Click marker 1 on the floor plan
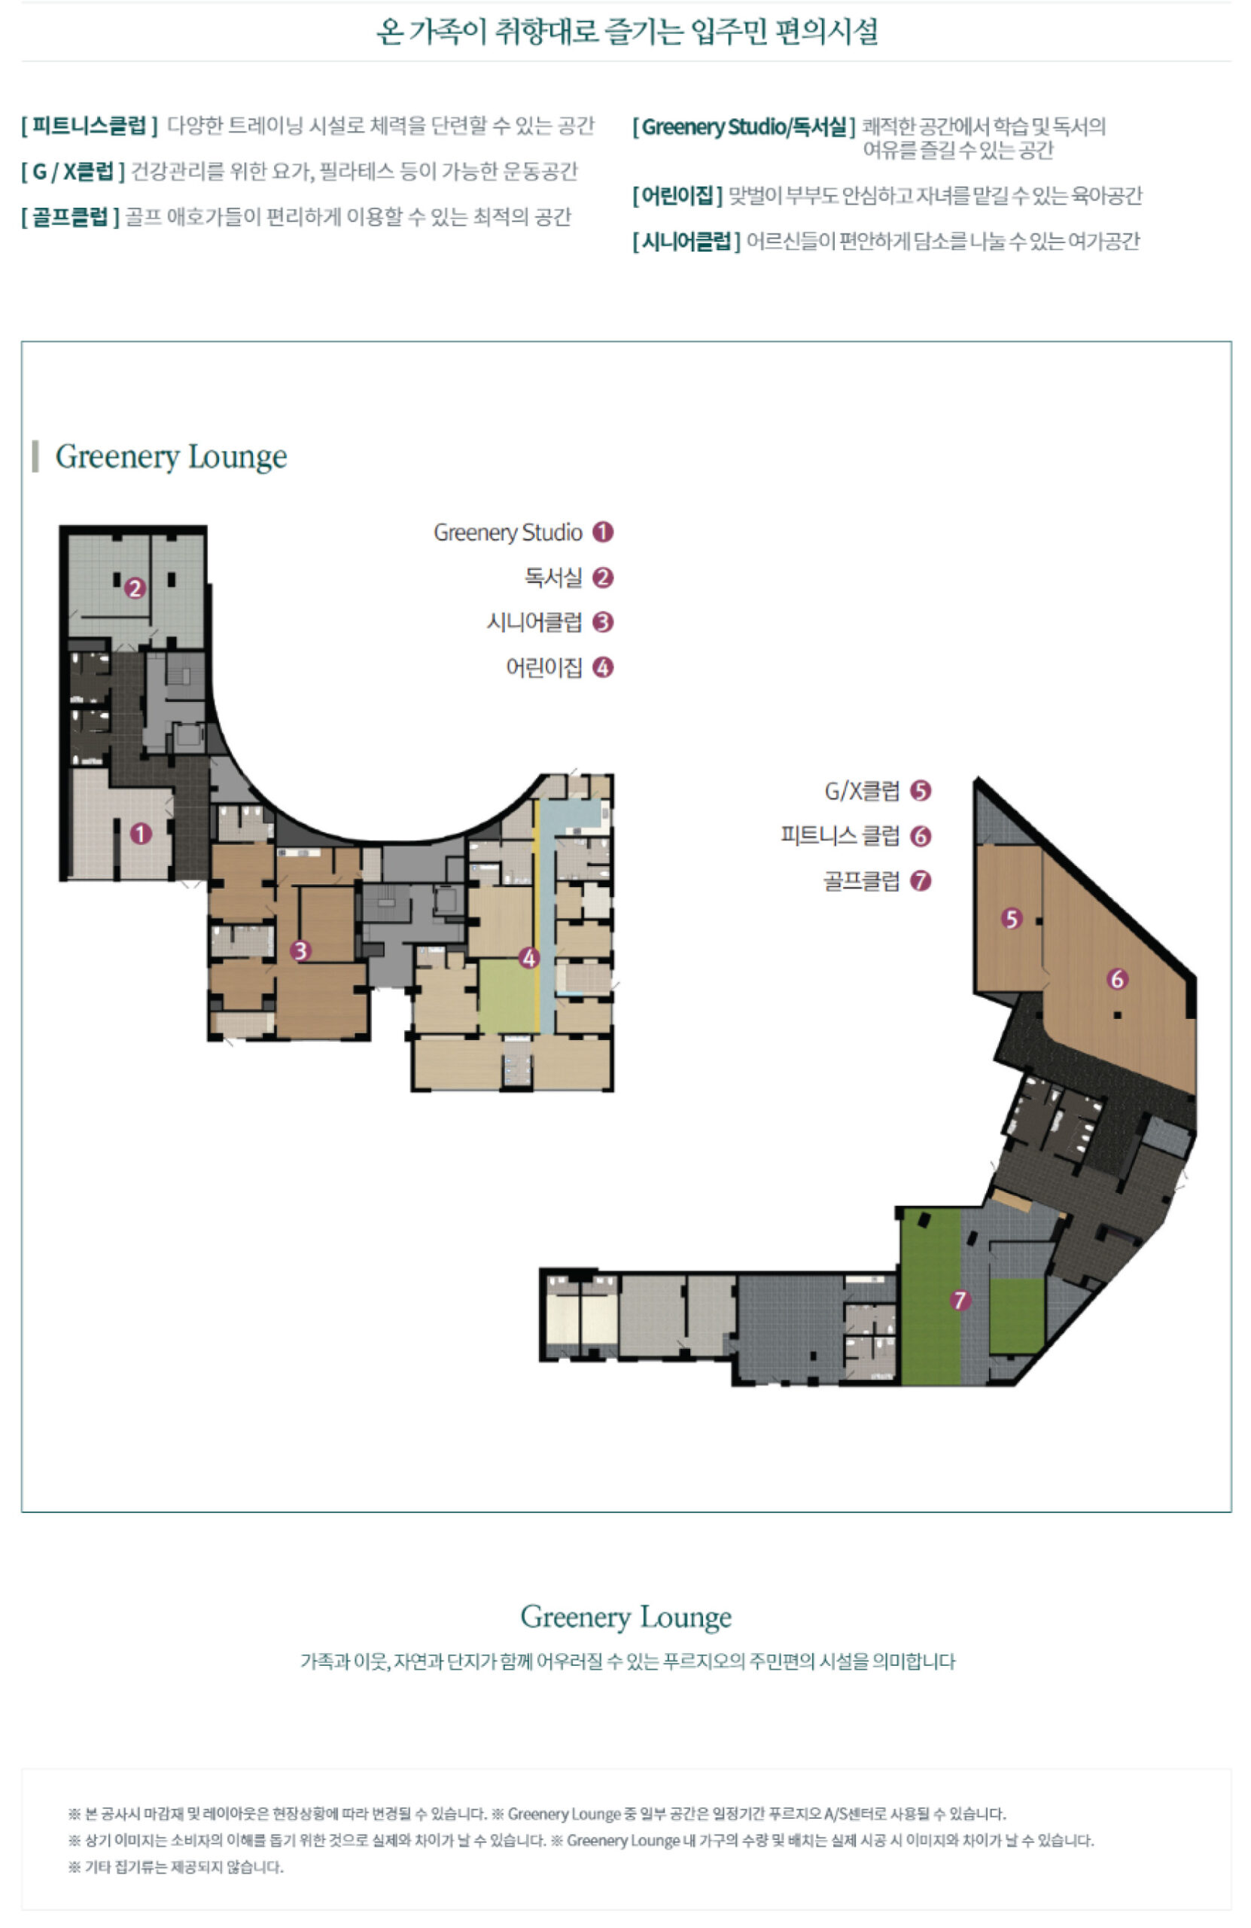(x=141, y=833)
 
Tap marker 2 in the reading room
(x=135, y=587)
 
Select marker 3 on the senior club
(x=300, y=950)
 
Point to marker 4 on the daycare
(x=528, y=957)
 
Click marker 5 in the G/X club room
(x=1011, y=919)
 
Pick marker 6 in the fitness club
(x=1118, y=978)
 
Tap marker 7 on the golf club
(x=960, y=1300)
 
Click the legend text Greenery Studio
(x=507, y=532)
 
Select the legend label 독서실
(x=553, y=578)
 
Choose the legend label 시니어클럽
(x=534, y=622)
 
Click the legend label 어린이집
(x=544, y=667)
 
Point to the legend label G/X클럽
(x=862, y=791)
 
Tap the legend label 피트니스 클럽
(x=840, y=835)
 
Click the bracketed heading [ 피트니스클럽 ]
(x=89, y=126)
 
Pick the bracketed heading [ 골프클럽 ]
(x=71, y=217)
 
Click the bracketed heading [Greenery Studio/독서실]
(x=744, y=127)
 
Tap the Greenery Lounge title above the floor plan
(x=171, y=456)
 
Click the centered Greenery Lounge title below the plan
(x=626, y=1616)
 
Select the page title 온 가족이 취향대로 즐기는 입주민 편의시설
(x=627, y=31)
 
